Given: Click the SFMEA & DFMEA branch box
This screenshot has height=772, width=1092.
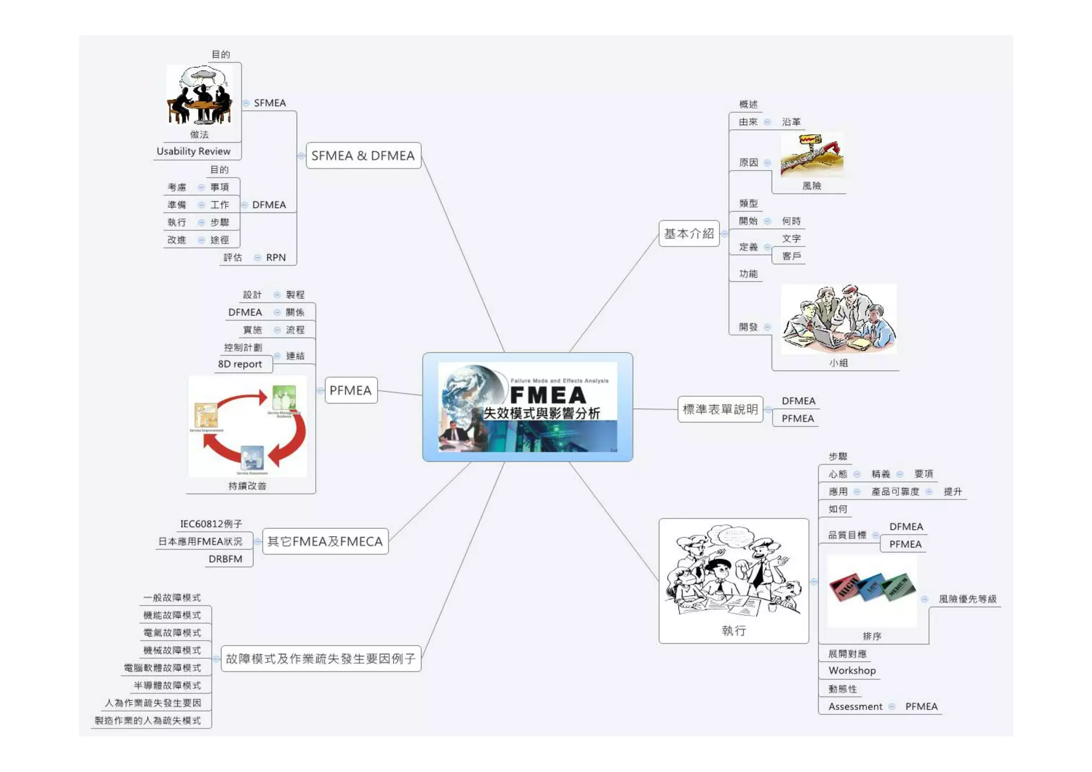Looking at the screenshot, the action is [363, 156].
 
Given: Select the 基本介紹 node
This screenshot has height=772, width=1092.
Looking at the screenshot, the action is [688, 234].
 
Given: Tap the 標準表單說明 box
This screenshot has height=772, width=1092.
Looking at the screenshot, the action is [720, 409].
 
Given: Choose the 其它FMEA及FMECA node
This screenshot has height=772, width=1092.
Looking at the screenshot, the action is [325, 542].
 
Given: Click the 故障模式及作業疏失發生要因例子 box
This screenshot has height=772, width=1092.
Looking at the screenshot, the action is [320, 659].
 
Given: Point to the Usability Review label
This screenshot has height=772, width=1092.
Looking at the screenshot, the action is [193, 152].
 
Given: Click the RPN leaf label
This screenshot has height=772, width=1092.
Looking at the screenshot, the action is [276, 258].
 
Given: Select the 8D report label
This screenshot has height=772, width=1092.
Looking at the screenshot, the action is [239, 364].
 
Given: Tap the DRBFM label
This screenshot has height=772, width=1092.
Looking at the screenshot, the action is [225, 559].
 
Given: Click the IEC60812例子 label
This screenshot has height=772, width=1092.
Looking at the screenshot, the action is [211, 524].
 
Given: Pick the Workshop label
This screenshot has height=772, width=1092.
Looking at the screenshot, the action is [852, 671].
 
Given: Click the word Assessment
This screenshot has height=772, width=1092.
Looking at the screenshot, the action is [855, 707].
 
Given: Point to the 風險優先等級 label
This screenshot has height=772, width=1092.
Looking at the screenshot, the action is [967, 599].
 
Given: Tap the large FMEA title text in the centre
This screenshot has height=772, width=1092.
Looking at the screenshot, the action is [548, 395].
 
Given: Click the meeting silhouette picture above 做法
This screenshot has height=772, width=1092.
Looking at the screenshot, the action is [199, 95].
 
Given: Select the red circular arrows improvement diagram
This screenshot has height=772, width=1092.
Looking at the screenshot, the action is [248, 427].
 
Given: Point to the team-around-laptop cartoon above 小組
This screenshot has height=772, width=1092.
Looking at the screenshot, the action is [838, 319].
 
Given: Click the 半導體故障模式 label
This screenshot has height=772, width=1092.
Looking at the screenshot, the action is [167, 686].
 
